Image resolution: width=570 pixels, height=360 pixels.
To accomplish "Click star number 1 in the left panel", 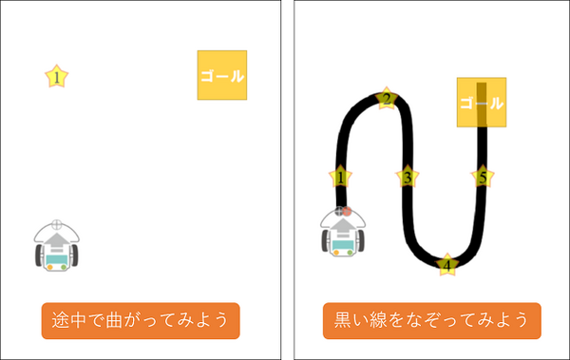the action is pyautogui.click(x=58, y=77).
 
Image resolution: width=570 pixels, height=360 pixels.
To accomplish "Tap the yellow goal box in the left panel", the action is pyautogui.click(x=222, y=75).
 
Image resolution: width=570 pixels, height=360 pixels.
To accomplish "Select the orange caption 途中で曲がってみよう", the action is pyautogui.click(x=141, y=321).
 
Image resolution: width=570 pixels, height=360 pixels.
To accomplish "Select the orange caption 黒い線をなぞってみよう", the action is pyautogui.click(x=431, y=321).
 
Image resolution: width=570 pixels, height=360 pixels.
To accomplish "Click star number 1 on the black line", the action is pyautogui.click(x=340, y=177).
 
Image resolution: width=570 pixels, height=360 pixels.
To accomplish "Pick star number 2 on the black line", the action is pyautogui.click(x=387, y=99).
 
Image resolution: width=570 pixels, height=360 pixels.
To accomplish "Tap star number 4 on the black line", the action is pyautogui.click(x=447, y=265).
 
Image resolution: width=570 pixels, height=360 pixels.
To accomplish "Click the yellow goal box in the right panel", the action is pyautogui.click(x=481, y=102).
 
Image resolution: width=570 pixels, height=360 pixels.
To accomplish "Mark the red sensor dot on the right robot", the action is pyautogui.click(x=348, y=211).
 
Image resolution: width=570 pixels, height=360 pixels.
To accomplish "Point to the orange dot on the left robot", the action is pyautogui.click(x=48, y=267).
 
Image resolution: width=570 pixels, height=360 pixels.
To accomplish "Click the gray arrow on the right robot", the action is pyautogui.click(x=342, y=229).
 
